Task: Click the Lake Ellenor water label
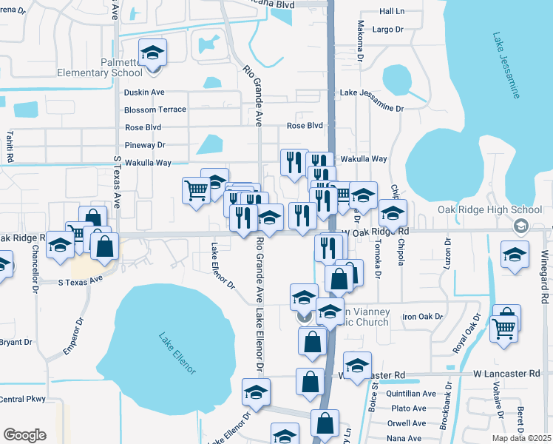(177, 354)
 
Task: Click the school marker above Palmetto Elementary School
(153, 53)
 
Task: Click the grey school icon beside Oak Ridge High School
(521, 226)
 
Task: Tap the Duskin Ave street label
(144, 92)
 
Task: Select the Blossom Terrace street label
(155, 110)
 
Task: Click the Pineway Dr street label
(145, 145)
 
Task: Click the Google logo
(24, 435)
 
